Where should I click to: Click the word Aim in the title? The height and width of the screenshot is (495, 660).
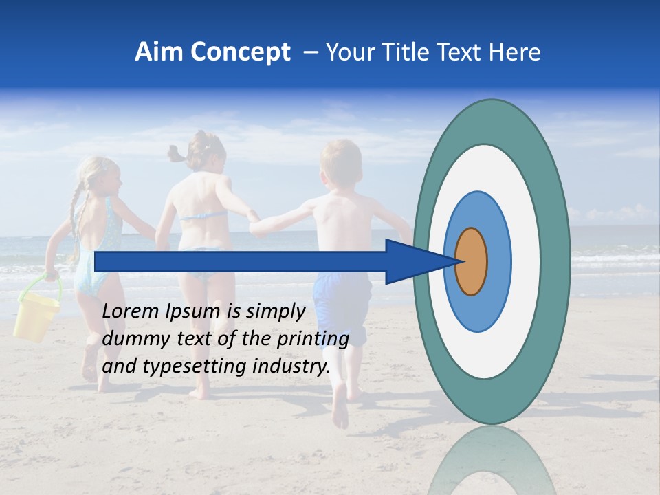(158, 52)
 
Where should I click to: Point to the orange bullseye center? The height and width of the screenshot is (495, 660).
(471, 262)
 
